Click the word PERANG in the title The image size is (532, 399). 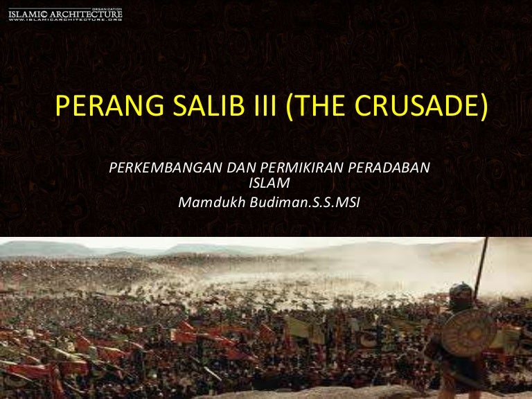point(109,105)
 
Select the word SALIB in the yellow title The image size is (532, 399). point(209,105)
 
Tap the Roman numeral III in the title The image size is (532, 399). point(265,105)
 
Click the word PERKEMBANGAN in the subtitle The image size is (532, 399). point(166,168)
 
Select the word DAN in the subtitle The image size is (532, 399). point(242,168)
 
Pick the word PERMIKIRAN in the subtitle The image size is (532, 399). point(301,168)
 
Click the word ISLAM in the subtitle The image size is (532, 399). point(269,183)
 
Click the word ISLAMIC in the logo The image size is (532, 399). point(28,15)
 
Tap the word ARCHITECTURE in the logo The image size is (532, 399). point(86,15)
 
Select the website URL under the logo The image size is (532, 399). point(65,19)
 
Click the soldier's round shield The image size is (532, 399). point(468,332)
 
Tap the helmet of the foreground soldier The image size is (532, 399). point(461,293)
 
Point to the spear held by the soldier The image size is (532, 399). point(481,268)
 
